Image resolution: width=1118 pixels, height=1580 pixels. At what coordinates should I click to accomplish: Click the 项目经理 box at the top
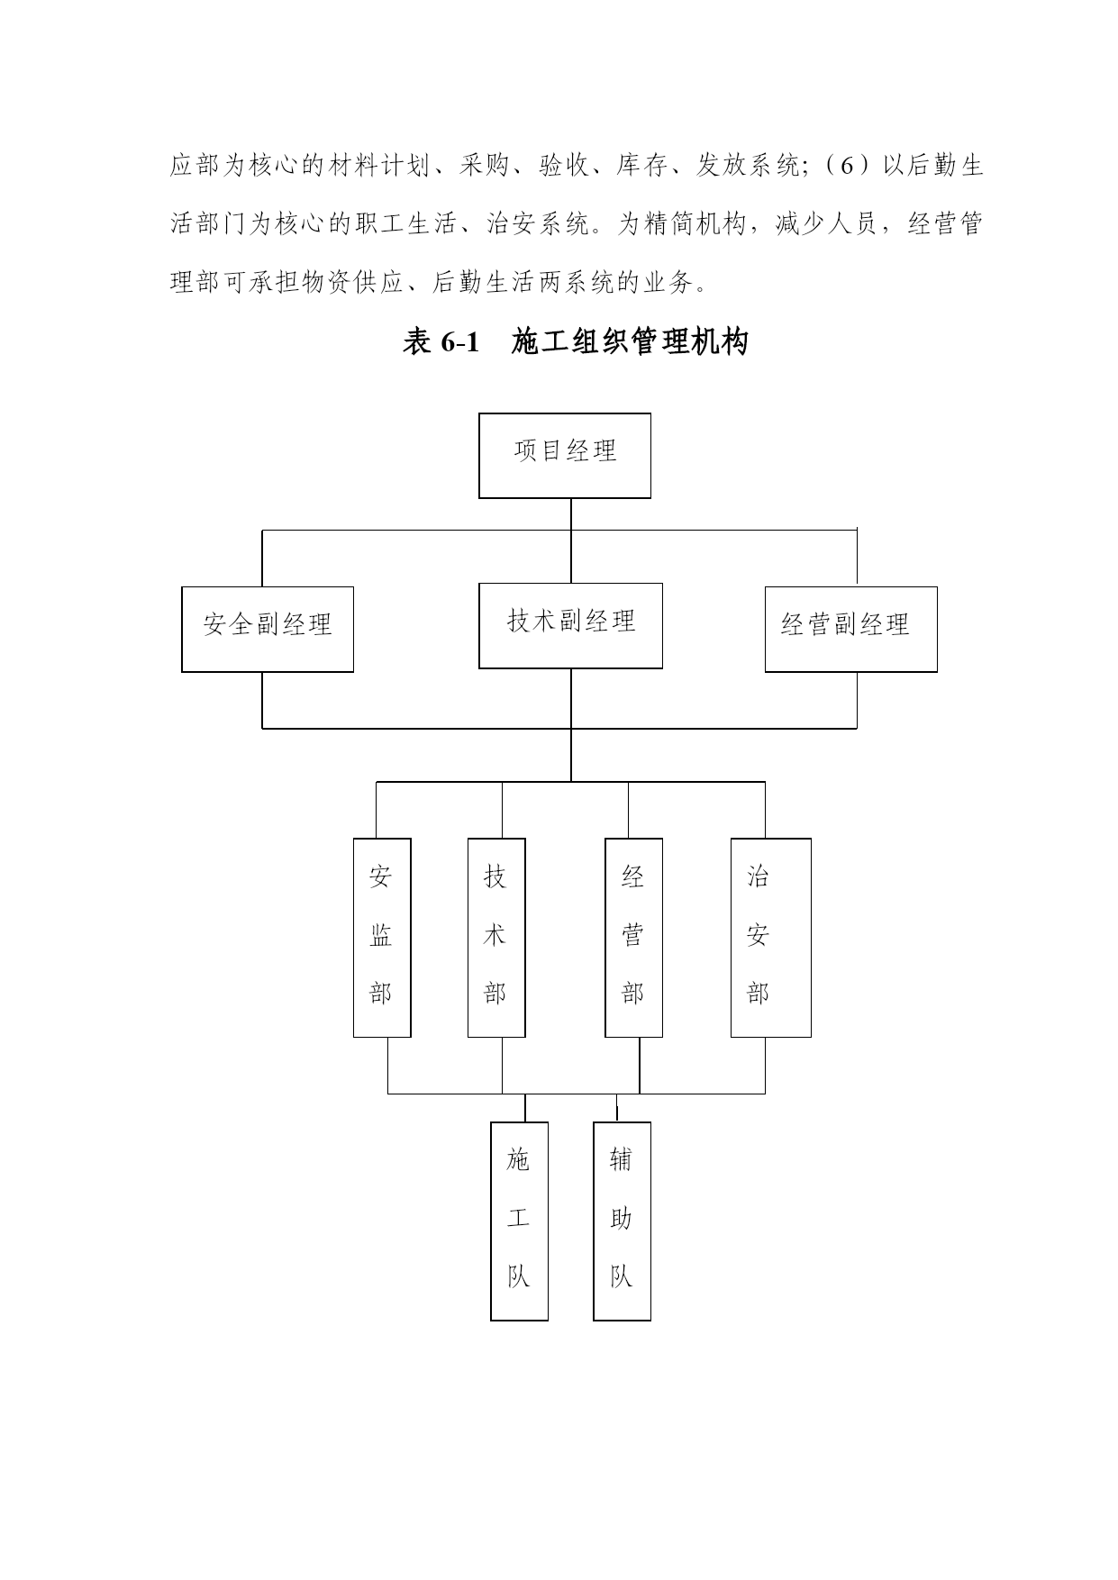pos(565,456)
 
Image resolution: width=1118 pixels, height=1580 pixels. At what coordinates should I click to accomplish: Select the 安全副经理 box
pos(268,630)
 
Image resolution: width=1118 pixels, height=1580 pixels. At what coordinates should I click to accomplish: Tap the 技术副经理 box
pos(570,626)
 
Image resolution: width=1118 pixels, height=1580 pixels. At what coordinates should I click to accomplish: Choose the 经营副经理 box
pos(851,630)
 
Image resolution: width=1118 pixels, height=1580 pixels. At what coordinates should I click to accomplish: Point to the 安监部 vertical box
pos(382,938)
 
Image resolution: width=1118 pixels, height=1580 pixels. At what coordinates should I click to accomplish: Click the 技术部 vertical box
pos(496,938)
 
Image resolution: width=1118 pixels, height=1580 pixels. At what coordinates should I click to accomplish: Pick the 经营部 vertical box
pos(633,938)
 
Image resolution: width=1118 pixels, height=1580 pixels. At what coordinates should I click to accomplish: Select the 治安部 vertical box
pos(770,938)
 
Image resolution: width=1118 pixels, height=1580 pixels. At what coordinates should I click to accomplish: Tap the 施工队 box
pos(519,1221)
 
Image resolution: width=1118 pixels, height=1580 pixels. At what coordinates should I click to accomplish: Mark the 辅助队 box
pos(622,1221)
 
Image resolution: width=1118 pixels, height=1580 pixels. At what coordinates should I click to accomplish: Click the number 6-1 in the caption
pos(459,342)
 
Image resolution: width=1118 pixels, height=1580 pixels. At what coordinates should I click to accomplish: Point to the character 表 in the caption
pos(417,342)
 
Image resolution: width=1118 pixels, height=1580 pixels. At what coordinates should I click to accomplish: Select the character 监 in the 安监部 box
pos(381,936)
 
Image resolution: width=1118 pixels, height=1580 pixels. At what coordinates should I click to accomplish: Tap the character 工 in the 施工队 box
pos(518,1219)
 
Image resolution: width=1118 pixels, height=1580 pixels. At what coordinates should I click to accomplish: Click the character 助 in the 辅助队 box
pos(621,1219)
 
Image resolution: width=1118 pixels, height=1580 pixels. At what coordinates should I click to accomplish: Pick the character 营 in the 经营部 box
pos(632,936)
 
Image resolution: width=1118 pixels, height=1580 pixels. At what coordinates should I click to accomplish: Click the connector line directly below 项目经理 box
pos(571,540)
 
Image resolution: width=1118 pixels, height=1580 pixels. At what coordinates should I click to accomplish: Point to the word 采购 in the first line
pos(485,167)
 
